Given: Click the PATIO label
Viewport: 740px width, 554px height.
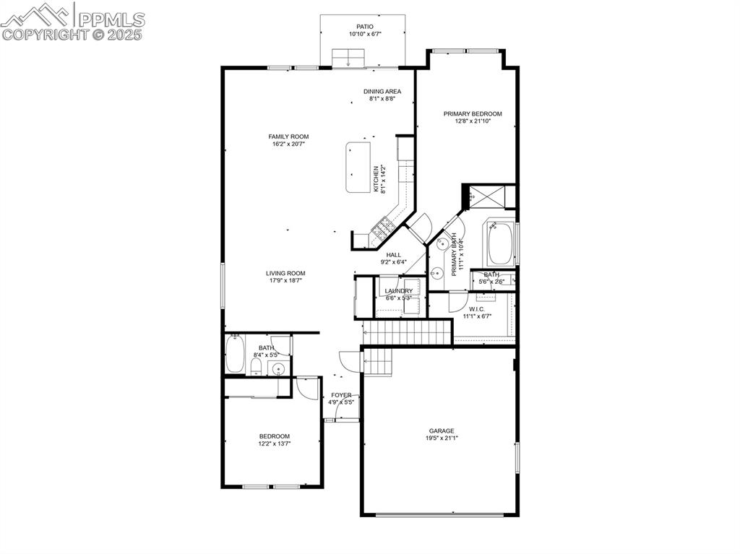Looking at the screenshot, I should (x=364, y=27).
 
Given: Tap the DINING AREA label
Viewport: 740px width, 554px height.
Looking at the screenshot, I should (x=382, y=92).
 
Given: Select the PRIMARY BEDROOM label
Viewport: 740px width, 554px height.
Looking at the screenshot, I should (x=473, y=114).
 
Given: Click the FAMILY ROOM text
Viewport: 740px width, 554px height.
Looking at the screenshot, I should (x=288, y=137).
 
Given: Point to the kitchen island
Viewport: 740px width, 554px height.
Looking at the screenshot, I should (x=358, y=167).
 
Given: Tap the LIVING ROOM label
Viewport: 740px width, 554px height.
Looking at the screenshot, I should (x=285, y=274).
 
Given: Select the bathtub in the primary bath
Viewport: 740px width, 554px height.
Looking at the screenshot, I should (x=500, y=245).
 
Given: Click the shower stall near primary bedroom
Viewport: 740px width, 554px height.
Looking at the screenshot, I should (x=489, y=195).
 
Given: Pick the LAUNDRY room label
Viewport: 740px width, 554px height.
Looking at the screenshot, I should (x=398, y=291).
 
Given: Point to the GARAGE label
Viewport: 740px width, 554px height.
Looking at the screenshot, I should (x=440, y=431).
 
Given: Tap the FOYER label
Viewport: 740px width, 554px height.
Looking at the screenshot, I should (x=341, y=396).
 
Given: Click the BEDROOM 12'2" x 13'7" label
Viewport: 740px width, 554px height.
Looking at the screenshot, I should (x=275, y=436).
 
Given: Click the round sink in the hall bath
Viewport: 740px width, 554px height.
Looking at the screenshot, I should (x=279, y=370).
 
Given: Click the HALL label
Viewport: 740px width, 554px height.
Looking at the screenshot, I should (x=394, y=255).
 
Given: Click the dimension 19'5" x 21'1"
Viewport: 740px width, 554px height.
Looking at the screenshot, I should (x=440, y=438).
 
